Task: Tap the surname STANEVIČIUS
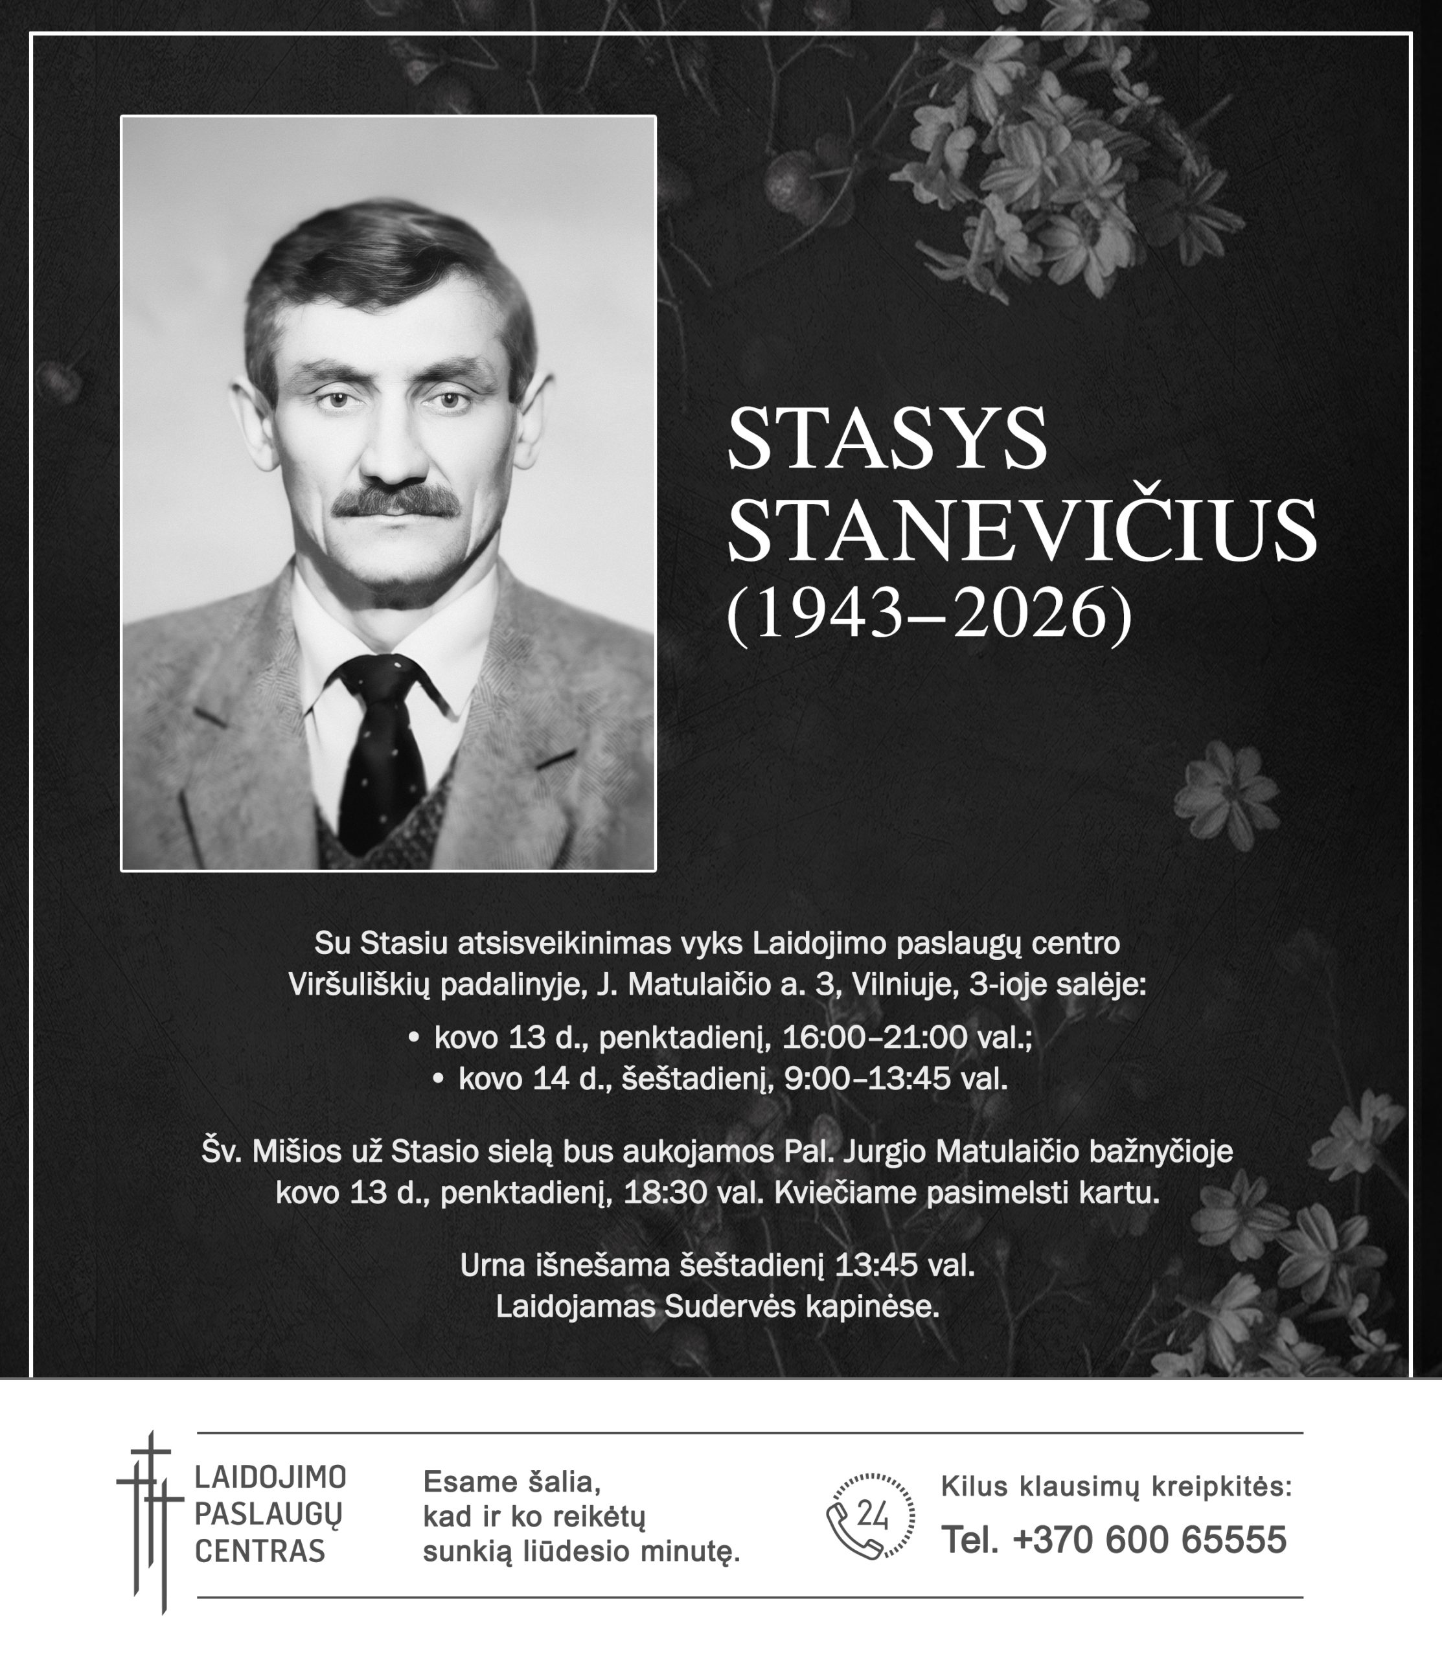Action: click(x=1022, y=531)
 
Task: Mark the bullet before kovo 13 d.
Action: click(x=413, y=1038)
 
